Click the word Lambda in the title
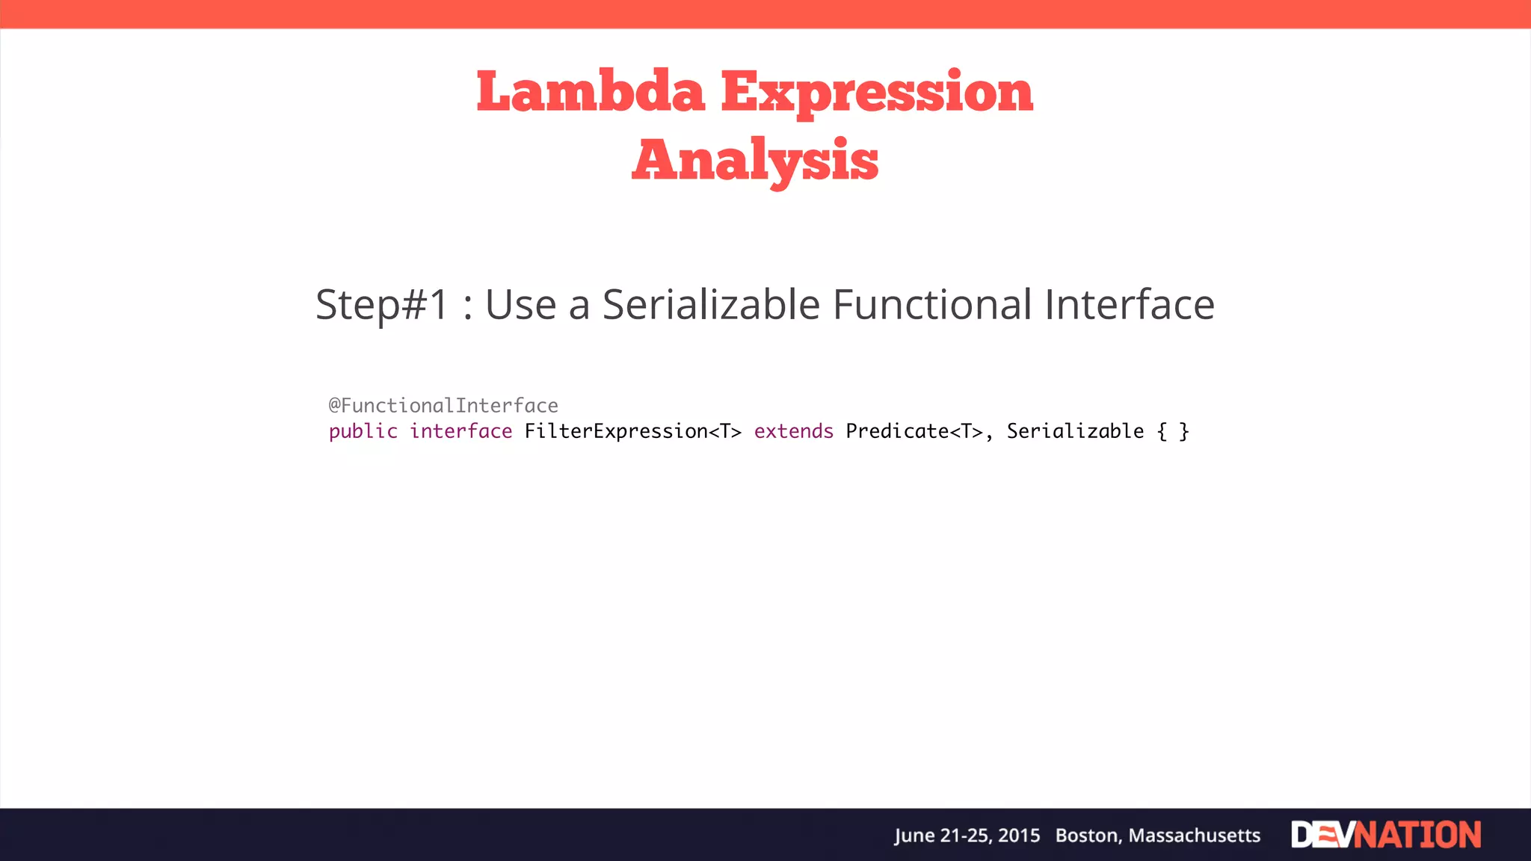591,92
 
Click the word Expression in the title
877,92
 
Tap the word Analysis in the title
755,160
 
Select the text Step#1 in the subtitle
382,305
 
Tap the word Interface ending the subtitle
1129,305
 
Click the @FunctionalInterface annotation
443,406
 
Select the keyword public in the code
363,431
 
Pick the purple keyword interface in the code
460,431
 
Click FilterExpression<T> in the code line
632,431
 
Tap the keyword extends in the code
793,431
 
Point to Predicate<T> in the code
914,431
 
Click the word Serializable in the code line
1075,431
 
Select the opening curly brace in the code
1162,431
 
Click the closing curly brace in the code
1184,431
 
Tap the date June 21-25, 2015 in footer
967,836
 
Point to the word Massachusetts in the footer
1194,836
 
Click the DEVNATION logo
1386,835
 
